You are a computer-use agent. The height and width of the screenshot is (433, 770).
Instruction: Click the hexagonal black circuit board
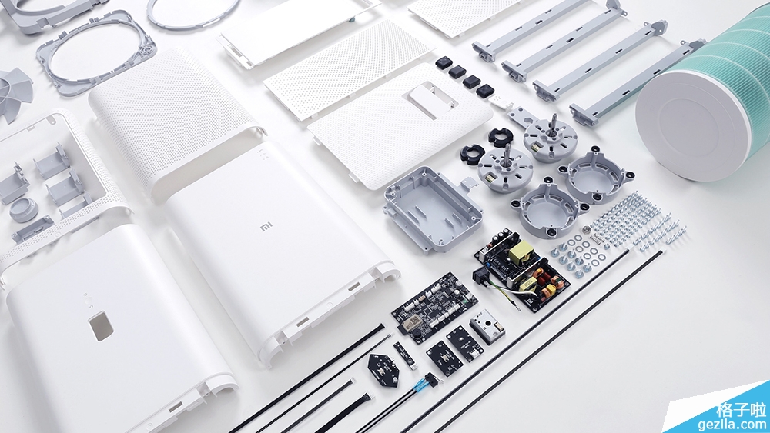click(383, 368)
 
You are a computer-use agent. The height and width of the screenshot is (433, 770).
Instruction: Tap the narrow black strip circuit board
click(405, 355)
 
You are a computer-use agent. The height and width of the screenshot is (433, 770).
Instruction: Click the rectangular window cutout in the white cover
click(101, 325)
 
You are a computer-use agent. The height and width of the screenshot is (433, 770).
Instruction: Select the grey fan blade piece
click(15, 94)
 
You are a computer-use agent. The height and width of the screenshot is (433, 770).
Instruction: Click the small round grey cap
click(23, 210)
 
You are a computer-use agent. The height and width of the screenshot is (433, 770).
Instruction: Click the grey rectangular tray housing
click(433, 208)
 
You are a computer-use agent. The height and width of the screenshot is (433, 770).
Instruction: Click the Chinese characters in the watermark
click(741, 409)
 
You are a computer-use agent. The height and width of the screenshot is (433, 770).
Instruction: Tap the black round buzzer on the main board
click(417, 335)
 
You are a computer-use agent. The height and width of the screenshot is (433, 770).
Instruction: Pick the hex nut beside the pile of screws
click(586, 229)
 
